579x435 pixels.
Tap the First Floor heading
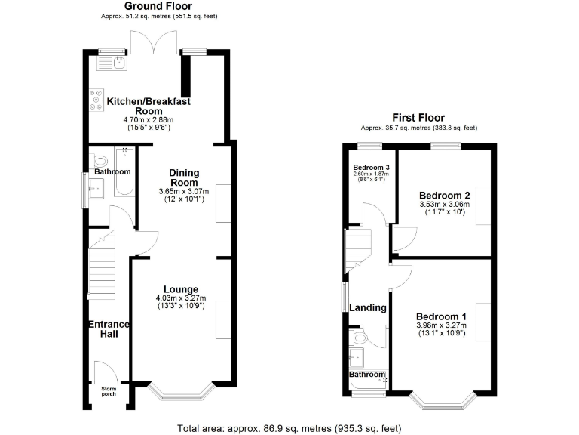(418, 118)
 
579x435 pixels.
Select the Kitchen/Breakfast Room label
(149, 106)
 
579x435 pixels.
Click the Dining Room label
(183, 177)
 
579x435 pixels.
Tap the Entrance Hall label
(109, 329)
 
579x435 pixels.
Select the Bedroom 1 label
(441, 316)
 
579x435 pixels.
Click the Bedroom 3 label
(371, 167)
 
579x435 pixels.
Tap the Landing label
(368, 307)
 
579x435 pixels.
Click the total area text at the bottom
(289, 427)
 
